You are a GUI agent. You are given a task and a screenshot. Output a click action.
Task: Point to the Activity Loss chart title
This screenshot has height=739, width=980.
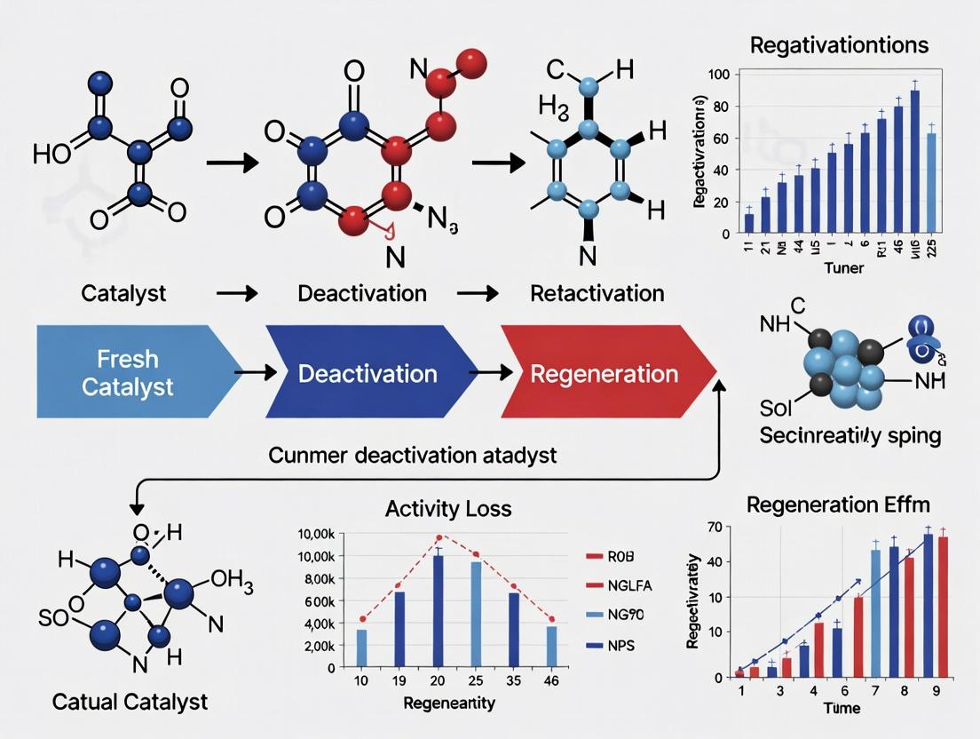[x=448, y=509]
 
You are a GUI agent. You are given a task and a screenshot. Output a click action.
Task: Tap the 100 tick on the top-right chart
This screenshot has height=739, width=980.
[x=716, y=75]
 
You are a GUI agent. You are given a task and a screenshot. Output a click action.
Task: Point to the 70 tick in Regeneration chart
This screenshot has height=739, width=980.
[x=712, y=530]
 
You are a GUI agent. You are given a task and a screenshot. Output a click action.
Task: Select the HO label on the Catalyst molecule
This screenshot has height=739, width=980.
[x=51, y=154]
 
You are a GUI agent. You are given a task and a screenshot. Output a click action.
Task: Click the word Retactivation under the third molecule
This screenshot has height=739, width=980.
[x=597, y=293]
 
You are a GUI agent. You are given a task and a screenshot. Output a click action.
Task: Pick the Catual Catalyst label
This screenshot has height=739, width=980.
[x=130, y=701]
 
